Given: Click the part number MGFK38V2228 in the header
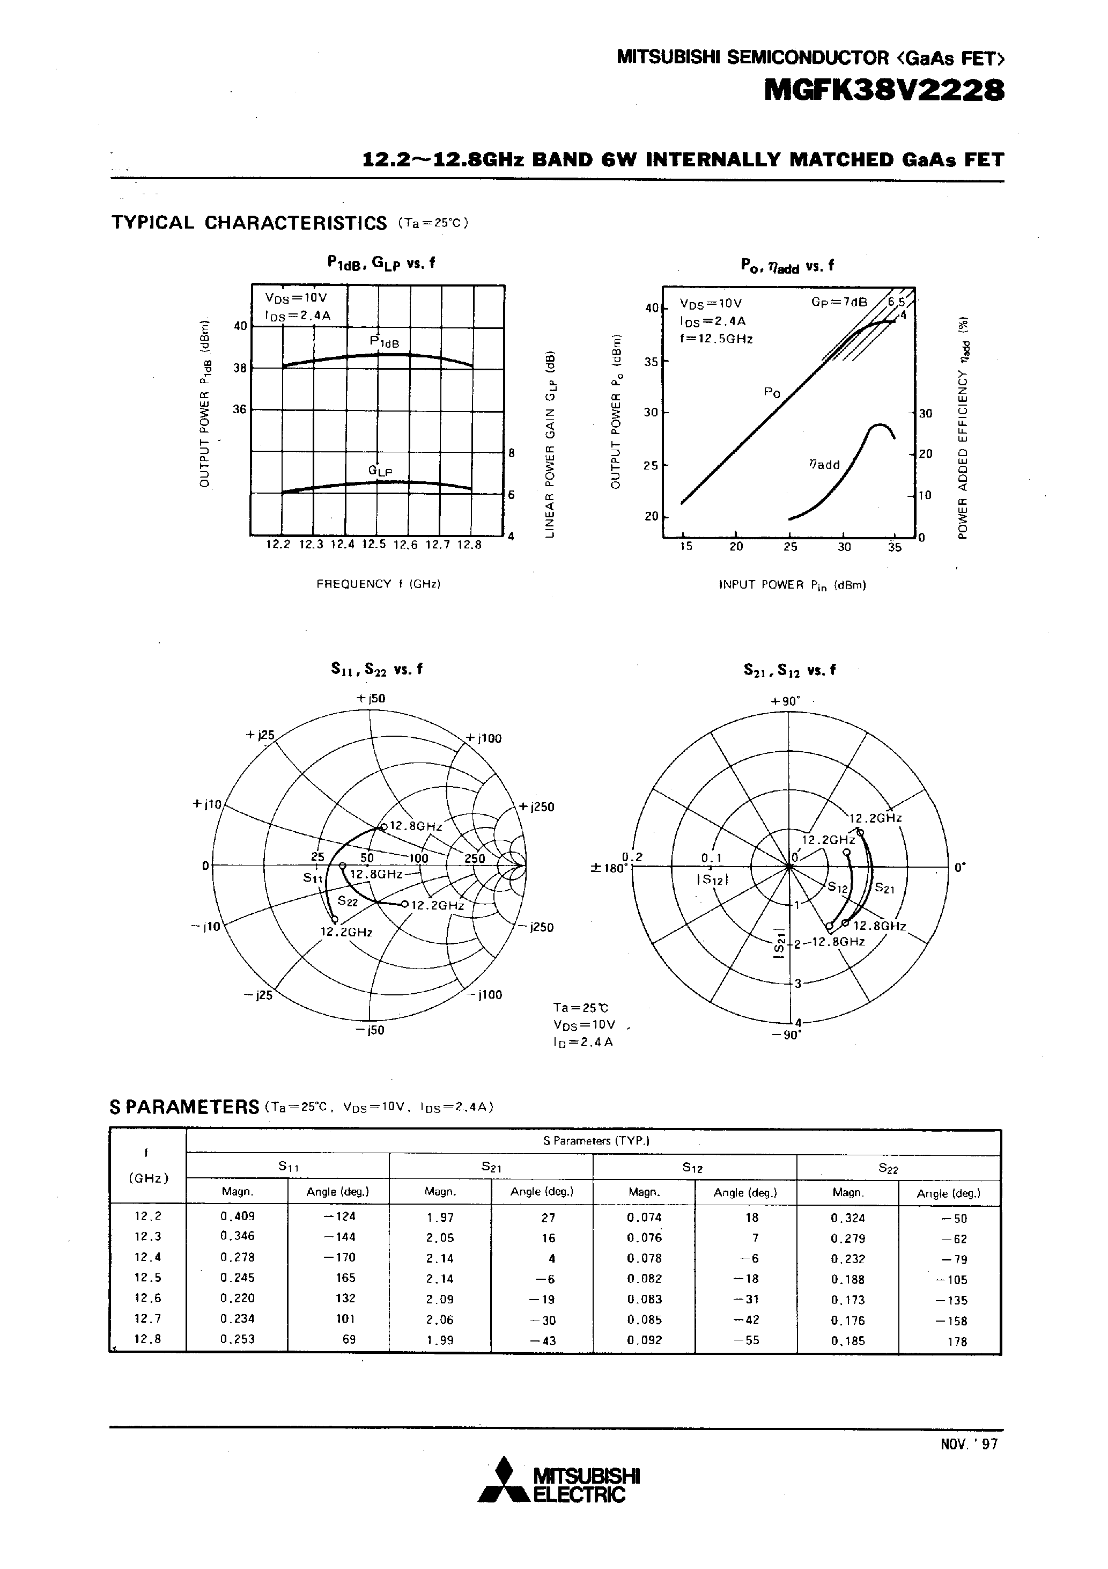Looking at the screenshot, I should coord(884,90).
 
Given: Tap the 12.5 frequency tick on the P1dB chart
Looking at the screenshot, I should coord(374,545).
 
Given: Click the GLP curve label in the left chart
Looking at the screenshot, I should coord(380,471).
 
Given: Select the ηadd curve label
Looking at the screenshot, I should coord(824,465).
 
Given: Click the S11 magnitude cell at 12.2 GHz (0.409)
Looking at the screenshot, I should coord(237,1216).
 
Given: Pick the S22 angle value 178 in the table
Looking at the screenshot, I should coord(957,1341).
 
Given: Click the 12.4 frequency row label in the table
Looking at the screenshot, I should coord(147,1257).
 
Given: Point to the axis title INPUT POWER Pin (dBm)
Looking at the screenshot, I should coord(793,585).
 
